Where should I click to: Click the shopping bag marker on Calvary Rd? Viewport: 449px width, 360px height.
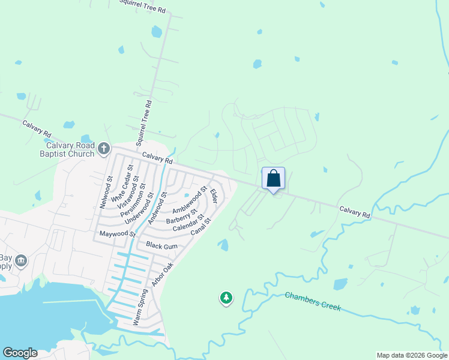[273, 179]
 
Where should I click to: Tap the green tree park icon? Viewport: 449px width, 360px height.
[226, 297]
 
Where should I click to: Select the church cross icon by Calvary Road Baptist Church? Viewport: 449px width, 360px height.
[104, 148]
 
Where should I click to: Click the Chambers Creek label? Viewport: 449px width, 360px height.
[313, 301]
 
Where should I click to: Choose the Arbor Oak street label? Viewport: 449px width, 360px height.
[162, 274]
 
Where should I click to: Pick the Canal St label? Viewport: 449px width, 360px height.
[201, 226]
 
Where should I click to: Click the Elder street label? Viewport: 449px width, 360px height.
[212, 196]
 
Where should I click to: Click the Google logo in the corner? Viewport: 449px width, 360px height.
[20, 353]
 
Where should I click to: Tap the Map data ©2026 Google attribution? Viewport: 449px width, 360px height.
[411, 355]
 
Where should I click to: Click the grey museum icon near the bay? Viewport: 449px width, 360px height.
[22, 261]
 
